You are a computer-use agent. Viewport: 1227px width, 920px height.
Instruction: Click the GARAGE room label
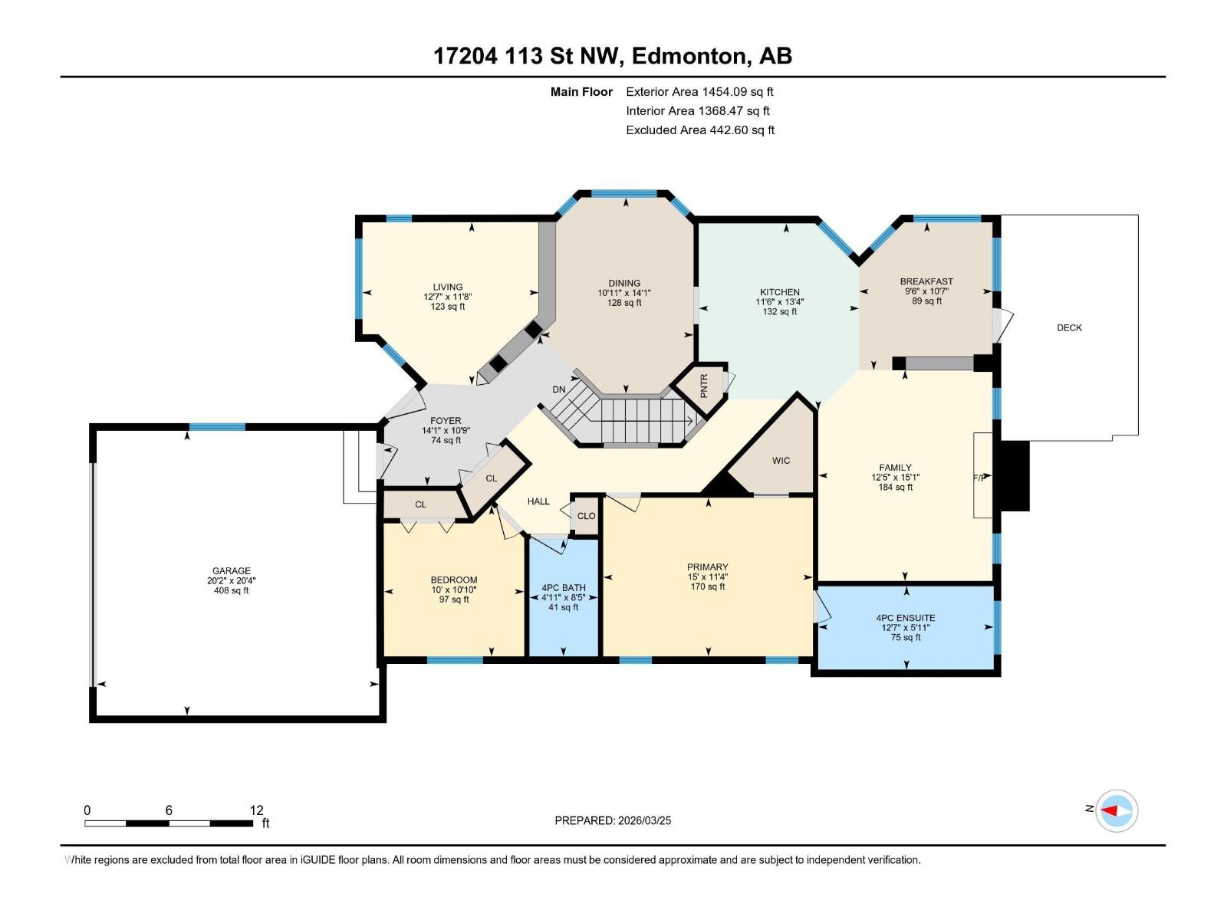coord(231,570)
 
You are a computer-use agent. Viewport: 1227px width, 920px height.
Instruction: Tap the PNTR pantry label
coord(704,384)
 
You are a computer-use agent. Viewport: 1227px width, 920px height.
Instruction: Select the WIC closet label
coord(781,461)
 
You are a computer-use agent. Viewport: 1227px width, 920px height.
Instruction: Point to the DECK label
coord(1069,327)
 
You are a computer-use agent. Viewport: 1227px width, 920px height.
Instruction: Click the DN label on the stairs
coord(559,389)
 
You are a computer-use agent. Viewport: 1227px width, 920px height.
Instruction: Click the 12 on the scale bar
coord(256,810)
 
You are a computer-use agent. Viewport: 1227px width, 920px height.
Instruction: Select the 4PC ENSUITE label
coord(906,618)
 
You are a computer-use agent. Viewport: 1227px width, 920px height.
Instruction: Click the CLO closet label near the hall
coord(586,516)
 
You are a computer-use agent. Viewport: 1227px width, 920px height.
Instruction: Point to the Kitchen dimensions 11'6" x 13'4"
coord(779,302)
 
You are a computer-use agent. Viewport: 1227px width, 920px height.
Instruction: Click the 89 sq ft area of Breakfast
coord(926,301)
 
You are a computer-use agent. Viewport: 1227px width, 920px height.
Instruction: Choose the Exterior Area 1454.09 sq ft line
coord(699,91)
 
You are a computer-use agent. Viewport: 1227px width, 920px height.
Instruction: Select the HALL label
coord(538,501)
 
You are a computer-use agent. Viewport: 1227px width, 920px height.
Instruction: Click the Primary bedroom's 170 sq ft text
coord(707,587)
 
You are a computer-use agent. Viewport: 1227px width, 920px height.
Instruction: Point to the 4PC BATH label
coord(563,588)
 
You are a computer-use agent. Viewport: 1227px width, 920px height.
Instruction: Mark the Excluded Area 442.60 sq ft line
coord(699,130)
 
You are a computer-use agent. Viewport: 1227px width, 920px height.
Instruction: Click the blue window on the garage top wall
coord(217,427)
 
